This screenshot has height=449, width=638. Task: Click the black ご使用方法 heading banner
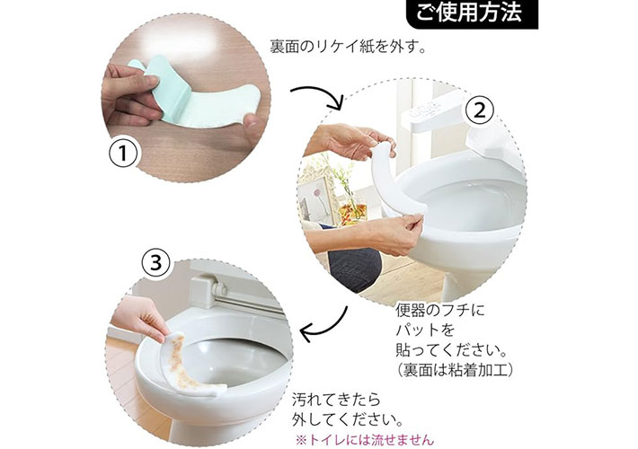472,13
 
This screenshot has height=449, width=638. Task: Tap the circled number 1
123,154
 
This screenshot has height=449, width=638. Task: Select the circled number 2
480,110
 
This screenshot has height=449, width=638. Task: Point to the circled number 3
156,263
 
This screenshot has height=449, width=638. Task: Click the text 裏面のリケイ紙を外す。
349,47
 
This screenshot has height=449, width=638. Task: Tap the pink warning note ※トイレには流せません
365,440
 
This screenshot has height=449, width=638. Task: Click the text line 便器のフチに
440,311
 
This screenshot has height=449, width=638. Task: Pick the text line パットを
425,330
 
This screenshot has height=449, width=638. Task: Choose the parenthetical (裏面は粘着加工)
455,370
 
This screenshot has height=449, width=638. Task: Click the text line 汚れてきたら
336,400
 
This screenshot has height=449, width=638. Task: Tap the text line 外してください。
348,419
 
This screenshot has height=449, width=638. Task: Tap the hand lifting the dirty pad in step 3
140,319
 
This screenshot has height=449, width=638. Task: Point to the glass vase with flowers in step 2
351,206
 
